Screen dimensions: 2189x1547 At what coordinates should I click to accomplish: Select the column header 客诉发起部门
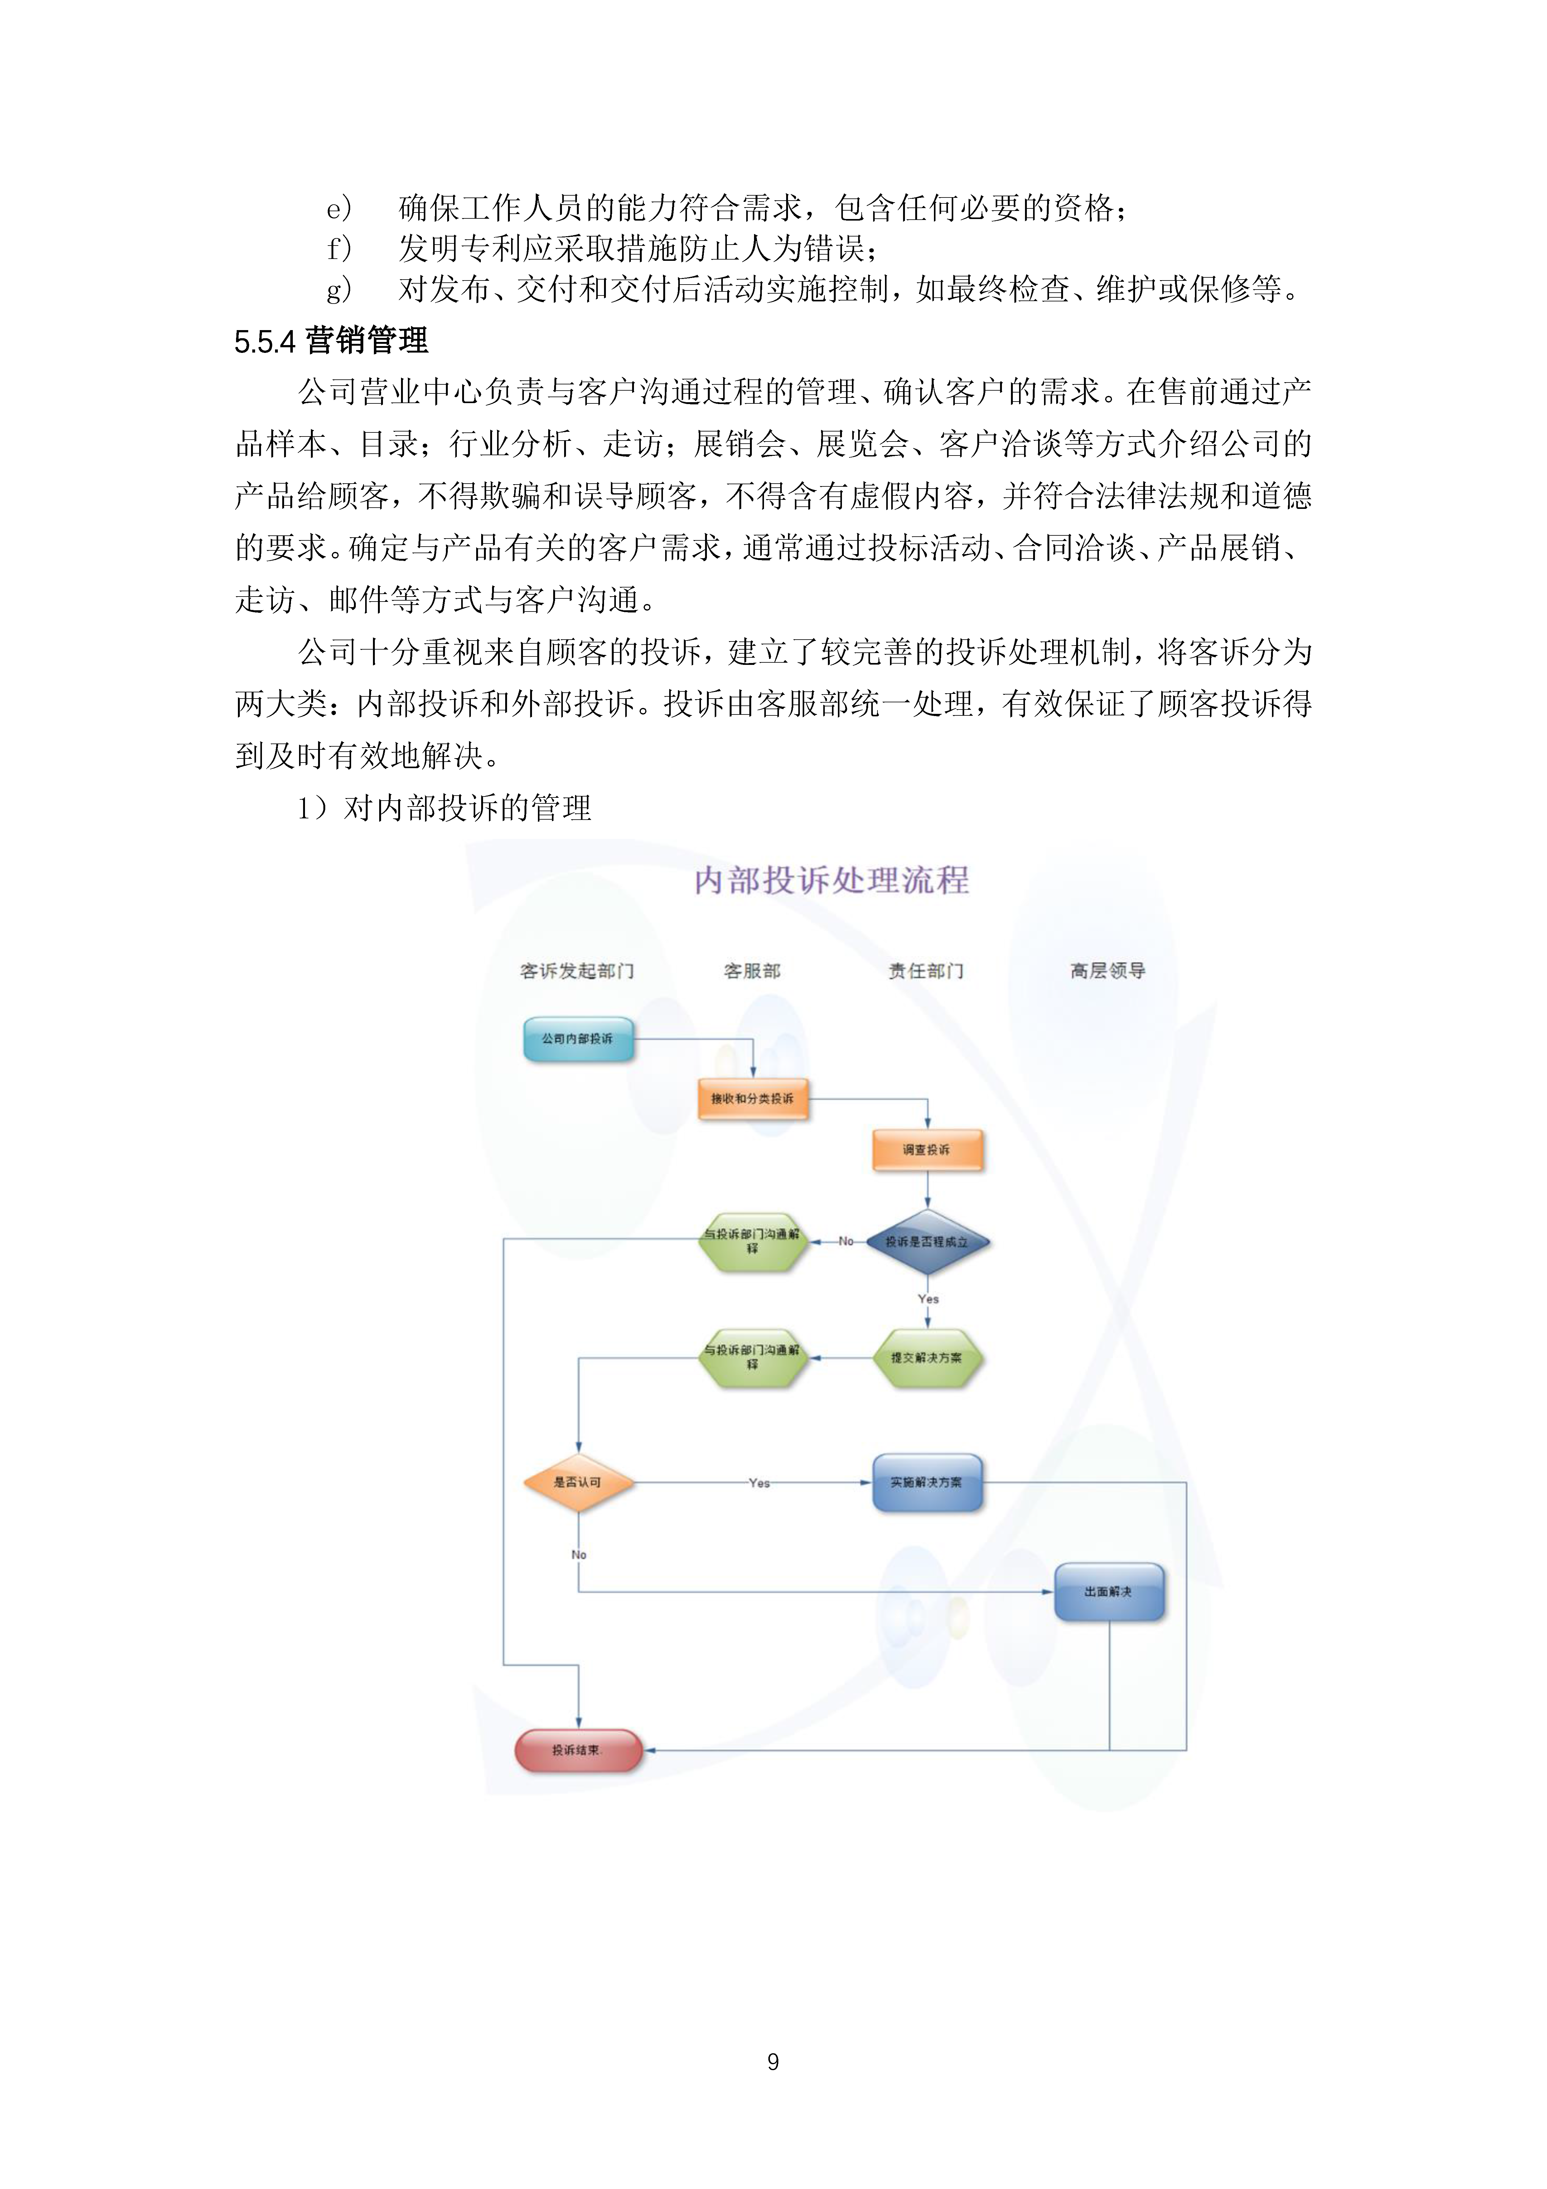pyautogui.click(x=577, y=971)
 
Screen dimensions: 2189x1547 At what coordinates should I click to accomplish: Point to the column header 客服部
pyautogui.click(x=752, y=971)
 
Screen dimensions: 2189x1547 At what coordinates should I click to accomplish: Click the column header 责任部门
pyautogui.click(x=926, y=971)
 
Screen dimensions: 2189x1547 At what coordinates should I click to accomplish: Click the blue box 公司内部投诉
pyautogui.click(x=578, y=1039)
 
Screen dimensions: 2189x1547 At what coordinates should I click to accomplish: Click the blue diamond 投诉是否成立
pyautogui.click(x=926, y=1241)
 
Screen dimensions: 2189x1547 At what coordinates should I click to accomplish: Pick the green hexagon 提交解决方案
pyautogui.click(x=926, y=1358)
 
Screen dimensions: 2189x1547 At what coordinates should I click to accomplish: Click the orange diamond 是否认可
pyautogui.click(x=578, y=1483)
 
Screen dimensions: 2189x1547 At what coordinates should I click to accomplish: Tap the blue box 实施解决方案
pyautogui.click(x=926, y=1483)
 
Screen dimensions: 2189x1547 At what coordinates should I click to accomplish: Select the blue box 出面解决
pyautogui.click(x=1109, y=1592)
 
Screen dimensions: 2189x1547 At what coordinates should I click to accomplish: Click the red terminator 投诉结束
pyautogui.click(x=578, y=1750)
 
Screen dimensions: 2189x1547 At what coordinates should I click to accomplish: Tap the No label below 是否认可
pyautogui.click(x=578, y=1555)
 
